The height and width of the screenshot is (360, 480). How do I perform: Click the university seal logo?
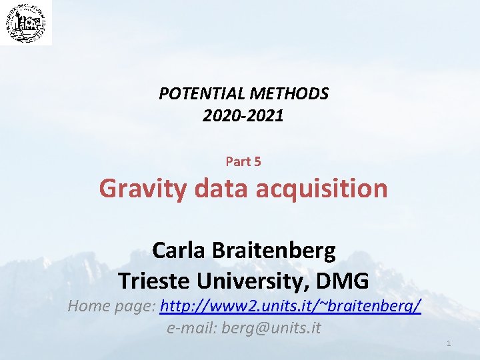coord(25,23)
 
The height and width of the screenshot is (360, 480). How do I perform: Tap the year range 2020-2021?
coord(243,116)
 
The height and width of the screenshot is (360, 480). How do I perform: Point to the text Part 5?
coord(243,161)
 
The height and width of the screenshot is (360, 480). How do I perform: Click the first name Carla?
coord(179,251)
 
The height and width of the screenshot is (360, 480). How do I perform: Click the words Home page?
coord(112,307)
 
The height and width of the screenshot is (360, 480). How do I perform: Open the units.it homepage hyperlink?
coord(291,307)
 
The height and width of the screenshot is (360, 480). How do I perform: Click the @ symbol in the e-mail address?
coord(263,328)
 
